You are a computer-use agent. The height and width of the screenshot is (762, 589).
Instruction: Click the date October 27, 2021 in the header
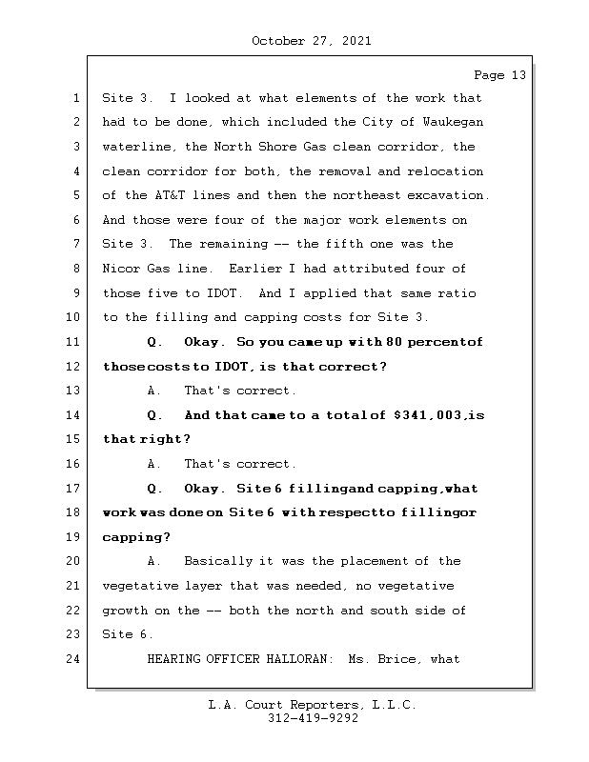coord(312,41)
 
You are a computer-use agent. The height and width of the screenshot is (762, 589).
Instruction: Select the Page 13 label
coord(499,75)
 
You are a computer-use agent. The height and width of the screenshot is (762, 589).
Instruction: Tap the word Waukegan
coord(450,123)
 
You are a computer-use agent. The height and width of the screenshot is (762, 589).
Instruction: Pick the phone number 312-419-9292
coord(313,719)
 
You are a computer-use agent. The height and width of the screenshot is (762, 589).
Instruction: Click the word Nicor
coord(121,270)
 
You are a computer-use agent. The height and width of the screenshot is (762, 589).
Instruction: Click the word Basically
coord(218,562)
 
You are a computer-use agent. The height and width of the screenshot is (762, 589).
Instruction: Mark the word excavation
coord(449,196)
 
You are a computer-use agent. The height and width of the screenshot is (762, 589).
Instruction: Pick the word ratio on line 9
coord(457,293)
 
